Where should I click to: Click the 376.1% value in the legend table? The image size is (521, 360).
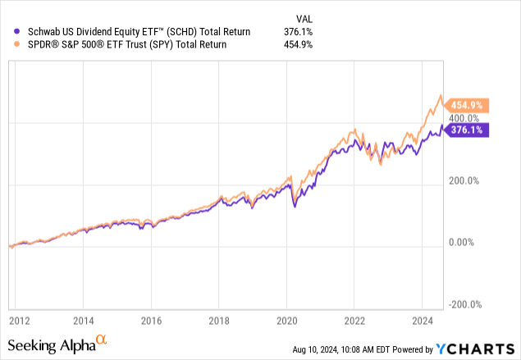point(309,31)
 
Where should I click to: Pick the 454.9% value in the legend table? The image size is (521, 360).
point(309,43)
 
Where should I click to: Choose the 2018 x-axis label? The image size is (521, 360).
point(218,321)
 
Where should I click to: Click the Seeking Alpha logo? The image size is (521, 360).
point(56,342)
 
